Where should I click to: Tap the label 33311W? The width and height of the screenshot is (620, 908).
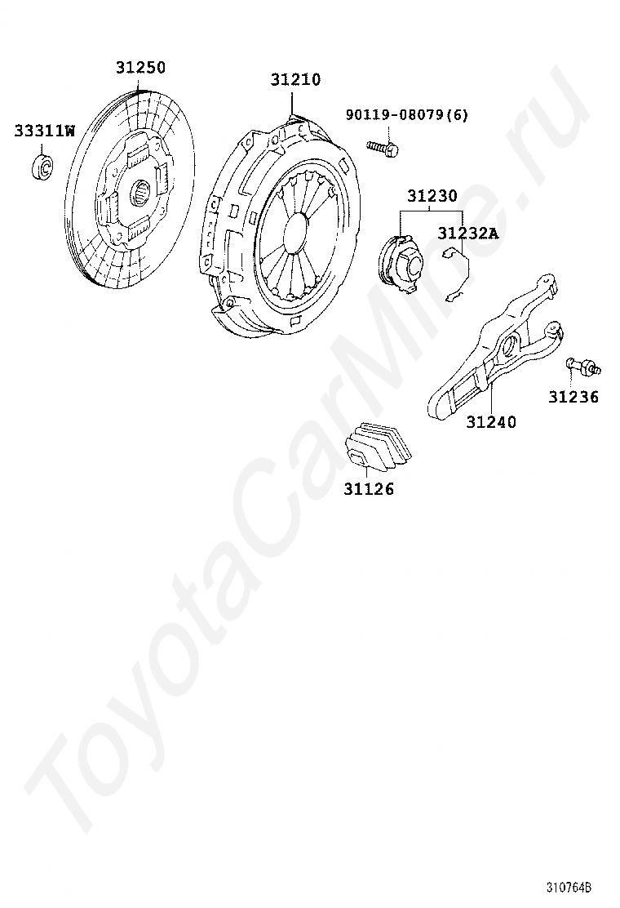pos(44,130)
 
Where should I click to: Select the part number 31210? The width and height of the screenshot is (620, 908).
pos(296,79)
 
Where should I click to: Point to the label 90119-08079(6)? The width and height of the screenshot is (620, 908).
pos(407,115)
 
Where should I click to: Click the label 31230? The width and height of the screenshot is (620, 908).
pos(432,197)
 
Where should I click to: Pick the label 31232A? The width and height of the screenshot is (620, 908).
pos(467,233)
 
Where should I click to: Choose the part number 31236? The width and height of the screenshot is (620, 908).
pos(573,397)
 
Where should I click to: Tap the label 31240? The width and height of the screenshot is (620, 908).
pos(491,422)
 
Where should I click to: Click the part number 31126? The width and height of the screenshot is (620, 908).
pos(368,489)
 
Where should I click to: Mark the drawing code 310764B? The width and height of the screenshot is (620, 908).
pos(569,888)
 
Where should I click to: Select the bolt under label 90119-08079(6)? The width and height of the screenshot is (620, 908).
pos(383,149)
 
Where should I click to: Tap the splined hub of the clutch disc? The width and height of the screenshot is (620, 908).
pos(139,194)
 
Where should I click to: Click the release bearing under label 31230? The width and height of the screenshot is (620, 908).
pos(401,259)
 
